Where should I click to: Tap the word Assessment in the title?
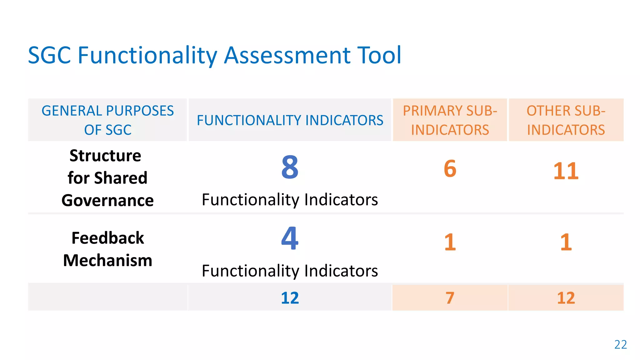click(x=287, y=55)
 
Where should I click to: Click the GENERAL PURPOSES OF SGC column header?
click(x=107, y=120)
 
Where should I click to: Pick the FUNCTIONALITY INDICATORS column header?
click(x=290, y=120)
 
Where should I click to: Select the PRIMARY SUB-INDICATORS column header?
click(x=450, y=120)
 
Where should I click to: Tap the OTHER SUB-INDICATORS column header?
click(x=566, y=120)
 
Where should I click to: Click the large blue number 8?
click(x=290, y=167)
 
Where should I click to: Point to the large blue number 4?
click(x=290, y=238)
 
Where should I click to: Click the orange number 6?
click(x=450, y=169)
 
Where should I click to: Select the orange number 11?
click(x=566, y=171)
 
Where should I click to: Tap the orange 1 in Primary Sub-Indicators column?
click(x=450, y=242)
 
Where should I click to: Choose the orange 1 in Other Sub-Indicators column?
click(x=566, y=242)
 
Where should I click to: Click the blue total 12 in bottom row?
click(x=290, y=298)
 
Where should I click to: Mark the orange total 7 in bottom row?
click(x=450, y=298)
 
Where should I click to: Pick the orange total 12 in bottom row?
click(x=566, y=298)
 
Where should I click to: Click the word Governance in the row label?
click(x=107, y=200)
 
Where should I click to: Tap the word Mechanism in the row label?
click(x=107, y=260)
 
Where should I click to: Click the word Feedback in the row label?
click(x=107, y=238)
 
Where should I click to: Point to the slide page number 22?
click(x=620, y=344)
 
